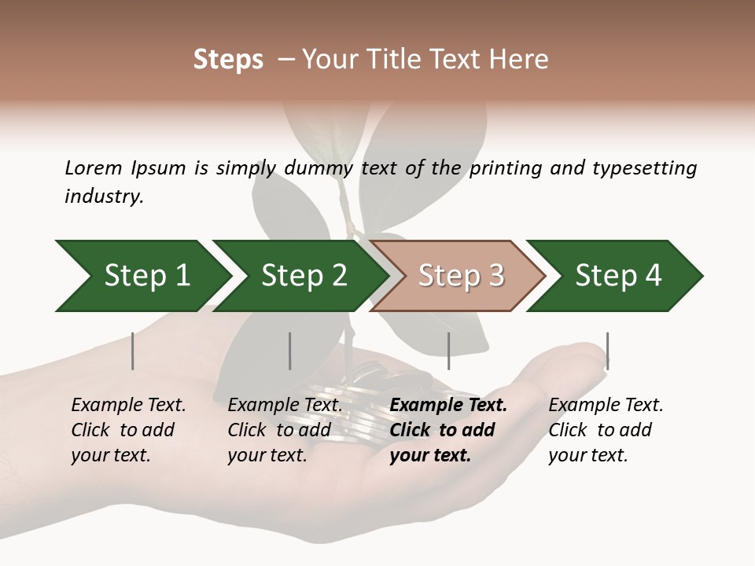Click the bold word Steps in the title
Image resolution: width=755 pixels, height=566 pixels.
228,60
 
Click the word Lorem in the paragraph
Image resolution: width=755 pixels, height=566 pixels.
93,168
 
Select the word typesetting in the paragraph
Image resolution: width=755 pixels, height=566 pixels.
644,168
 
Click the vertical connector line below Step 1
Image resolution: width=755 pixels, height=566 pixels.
133,351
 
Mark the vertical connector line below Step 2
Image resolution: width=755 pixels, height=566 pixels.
290,351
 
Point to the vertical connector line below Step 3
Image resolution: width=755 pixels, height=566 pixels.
448,351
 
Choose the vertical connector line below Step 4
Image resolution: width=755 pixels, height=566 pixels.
607,351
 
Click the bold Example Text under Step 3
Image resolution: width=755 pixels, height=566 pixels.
448,406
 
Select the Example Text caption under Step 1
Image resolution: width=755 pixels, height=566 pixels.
128,406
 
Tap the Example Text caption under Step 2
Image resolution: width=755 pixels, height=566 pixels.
285,406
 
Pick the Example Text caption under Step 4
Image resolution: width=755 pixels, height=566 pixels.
606,406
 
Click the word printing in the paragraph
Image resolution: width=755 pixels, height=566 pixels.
503,168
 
